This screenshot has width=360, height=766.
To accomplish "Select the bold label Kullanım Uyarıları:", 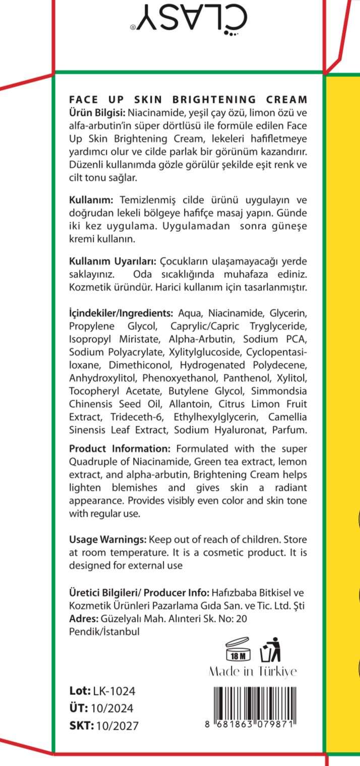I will click(113, 262).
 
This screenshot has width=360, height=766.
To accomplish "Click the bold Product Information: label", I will click(120, 449).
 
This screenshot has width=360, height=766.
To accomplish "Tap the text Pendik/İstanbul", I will click(104, 631).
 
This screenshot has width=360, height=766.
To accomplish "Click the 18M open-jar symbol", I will click(238, 650).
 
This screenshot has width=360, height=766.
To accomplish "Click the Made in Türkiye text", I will click(253, 672).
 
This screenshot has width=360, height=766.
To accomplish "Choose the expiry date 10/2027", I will click(116, 726).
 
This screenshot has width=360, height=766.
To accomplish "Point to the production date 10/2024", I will click(112, 709).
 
